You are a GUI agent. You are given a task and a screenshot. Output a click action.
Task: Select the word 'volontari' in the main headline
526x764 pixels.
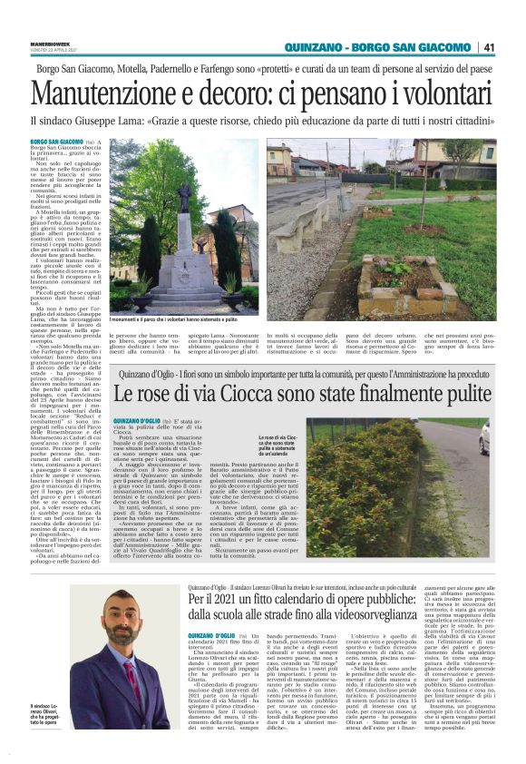click(x=432, y=93)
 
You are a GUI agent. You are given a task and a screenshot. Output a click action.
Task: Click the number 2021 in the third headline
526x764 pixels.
click(x=235, y=600)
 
